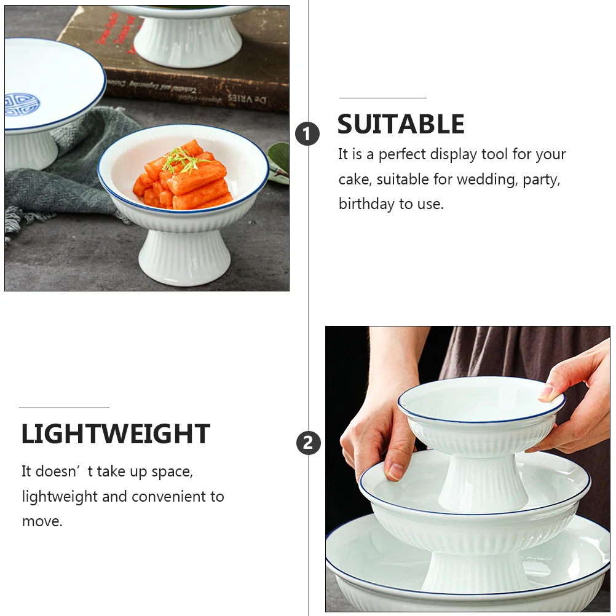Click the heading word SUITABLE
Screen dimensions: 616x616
pos(401,125)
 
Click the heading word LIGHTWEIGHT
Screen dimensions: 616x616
pos(116,435)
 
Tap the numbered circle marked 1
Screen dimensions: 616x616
pos(307,133)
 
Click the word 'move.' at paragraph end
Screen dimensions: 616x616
pos(42,521)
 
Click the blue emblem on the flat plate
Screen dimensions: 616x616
pos(21,104)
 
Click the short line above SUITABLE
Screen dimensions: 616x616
pos(382,98)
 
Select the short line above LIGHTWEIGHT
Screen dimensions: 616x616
pos(64,408)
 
